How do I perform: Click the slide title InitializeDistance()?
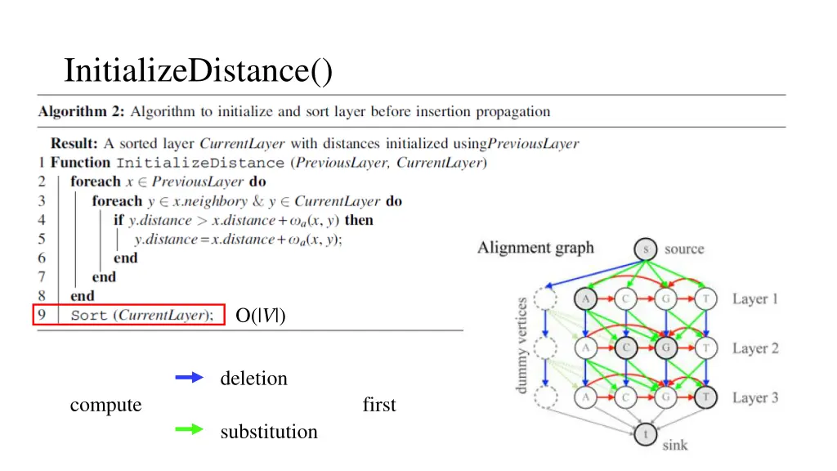click(199, 70)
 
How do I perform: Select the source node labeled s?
click(646, 249)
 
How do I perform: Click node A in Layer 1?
click(586, 299)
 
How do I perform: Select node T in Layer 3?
click(705, 398)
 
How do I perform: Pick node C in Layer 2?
click(627, 348)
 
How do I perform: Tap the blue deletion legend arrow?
click(189, 378)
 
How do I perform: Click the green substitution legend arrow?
click(189, 429)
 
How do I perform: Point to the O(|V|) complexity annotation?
click(260, 316)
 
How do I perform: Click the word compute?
click(105, 405)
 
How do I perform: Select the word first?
click(379, 405)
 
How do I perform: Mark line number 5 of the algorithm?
click(42, 239)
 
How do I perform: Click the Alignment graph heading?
click(535, 248)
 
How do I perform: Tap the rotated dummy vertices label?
click(523, 344)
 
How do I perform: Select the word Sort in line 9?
click(89, 316)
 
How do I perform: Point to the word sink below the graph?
click(674, 445)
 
